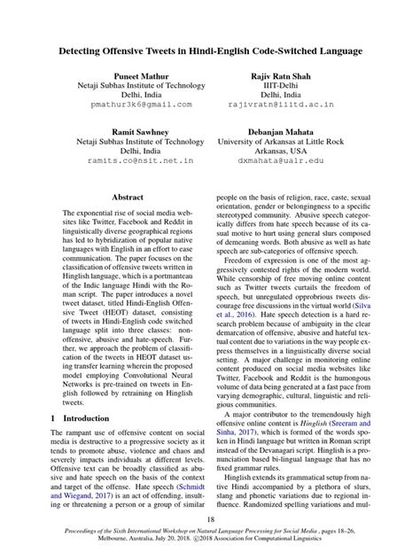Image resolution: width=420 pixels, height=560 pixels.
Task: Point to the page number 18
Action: coord(210,521)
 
